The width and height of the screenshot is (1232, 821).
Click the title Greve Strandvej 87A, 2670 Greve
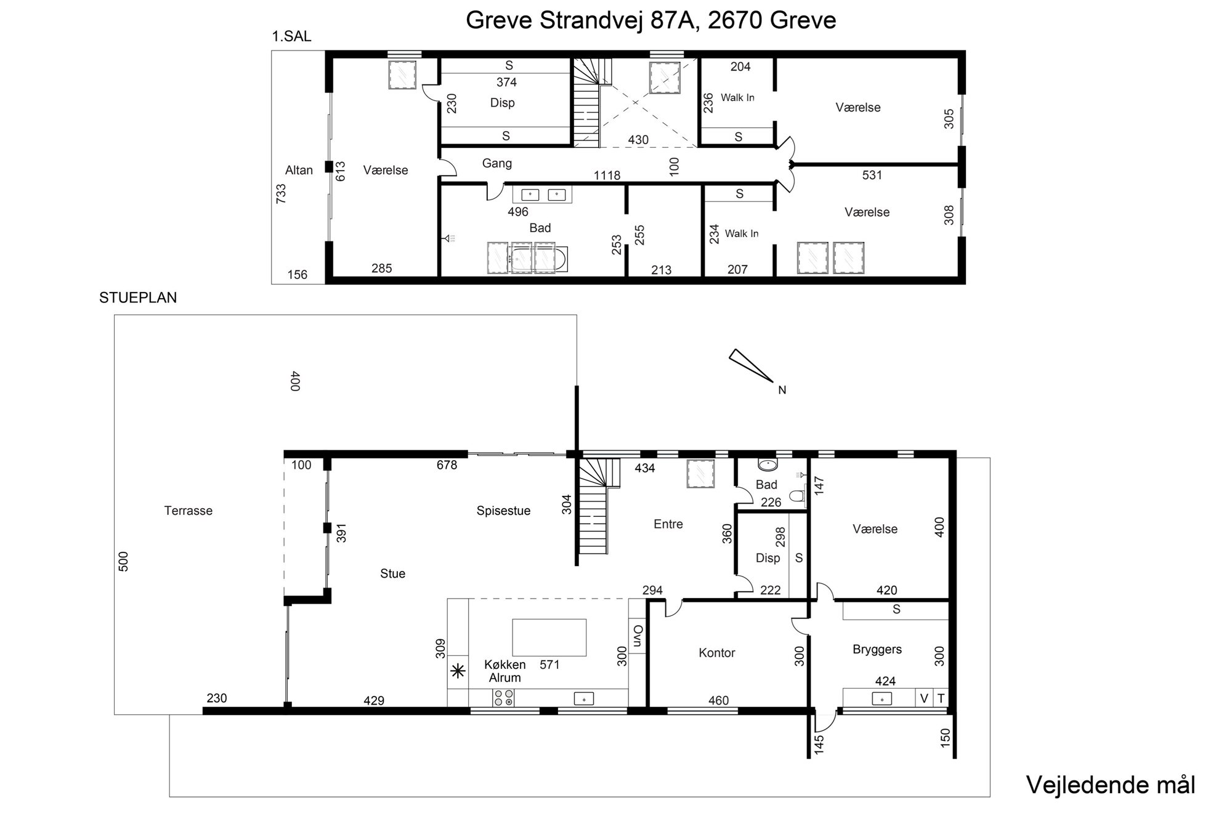coord(650,20)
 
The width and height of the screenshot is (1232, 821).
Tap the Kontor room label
coord(717,653)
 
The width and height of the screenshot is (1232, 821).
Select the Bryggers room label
coord(877,649)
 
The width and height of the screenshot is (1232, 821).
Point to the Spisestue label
coord(503,511)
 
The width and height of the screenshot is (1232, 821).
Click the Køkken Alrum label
coord(505,671)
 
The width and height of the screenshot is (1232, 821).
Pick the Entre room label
coord(668,524)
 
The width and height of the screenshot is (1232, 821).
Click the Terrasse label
coord(188,511)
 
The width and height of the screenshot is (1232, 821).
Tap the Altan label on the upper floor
coord(299,170)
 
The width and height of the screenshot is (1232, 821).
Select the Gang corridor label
coord(497,164)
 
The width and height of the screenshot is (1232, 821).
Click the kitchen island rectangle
coord(549,637)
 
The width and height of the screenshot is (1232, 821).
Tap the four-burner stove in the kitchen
coord(503,698)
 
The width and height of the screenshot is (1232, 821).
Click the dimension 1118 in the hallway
coord(607,176)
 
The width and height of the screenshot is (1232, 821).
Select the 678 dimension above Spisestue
coord(447,465)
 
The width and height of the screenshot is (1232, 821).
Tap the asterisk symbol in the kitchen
coord(458,671)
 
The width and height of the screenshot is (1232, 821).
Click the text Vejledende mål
coord(1111,785)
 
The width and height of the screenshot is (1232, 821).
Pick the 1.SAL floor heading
coord(292,36)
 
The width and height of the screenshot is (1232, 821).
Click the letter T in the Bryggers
coord(941,698)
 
